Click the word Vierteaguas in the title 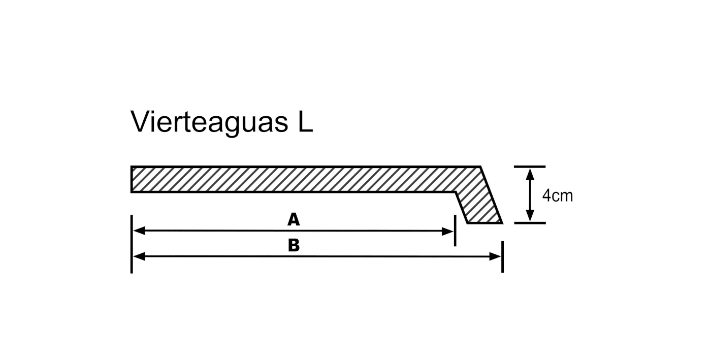(209, 122)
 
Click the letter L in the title (305, 121)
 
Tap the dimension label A (294, 220)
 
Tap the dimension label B (294, 245)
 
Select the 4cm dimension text (558, 196)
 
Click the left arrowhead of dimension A (139, 231)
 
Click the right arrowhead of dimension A (447, 232)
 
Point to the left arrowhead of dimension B (139, 256)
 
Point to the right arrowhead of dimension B (495, 256)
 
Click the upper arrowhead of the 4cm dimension (530, 175)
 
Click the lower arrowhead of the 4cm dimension (530, 215)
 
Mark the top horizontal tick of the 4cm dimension (530, 167)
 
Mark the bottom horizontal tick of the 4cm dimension (530, 223)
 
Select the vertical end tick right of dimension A (455, 231)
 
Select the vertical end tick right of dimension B (502, 257)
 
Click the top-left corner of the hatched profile (132, 167)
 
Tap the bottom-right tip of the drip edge (502, 223)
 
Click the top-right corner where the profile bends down (480, 167)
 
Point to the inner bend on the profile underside (456, 192)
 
